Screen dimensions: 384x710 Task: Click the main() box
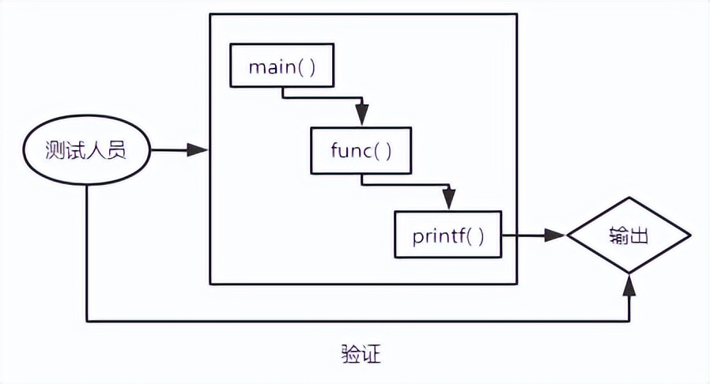(x=282, y=66)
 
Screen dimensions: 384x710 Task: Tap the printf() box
(x=448, y=235)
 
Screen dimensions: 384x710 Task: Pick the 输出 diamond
(x=629, y=235)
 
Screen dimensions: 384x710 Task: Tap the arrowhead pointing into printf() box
(x=448, y=202)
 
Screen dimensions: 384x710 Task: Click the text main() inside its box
(x=282, y=66)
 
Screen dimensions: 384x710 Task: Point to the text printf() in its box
(x=448, y=235)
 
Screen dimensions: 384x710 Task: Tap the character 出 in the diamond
(x=640, y=235)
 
